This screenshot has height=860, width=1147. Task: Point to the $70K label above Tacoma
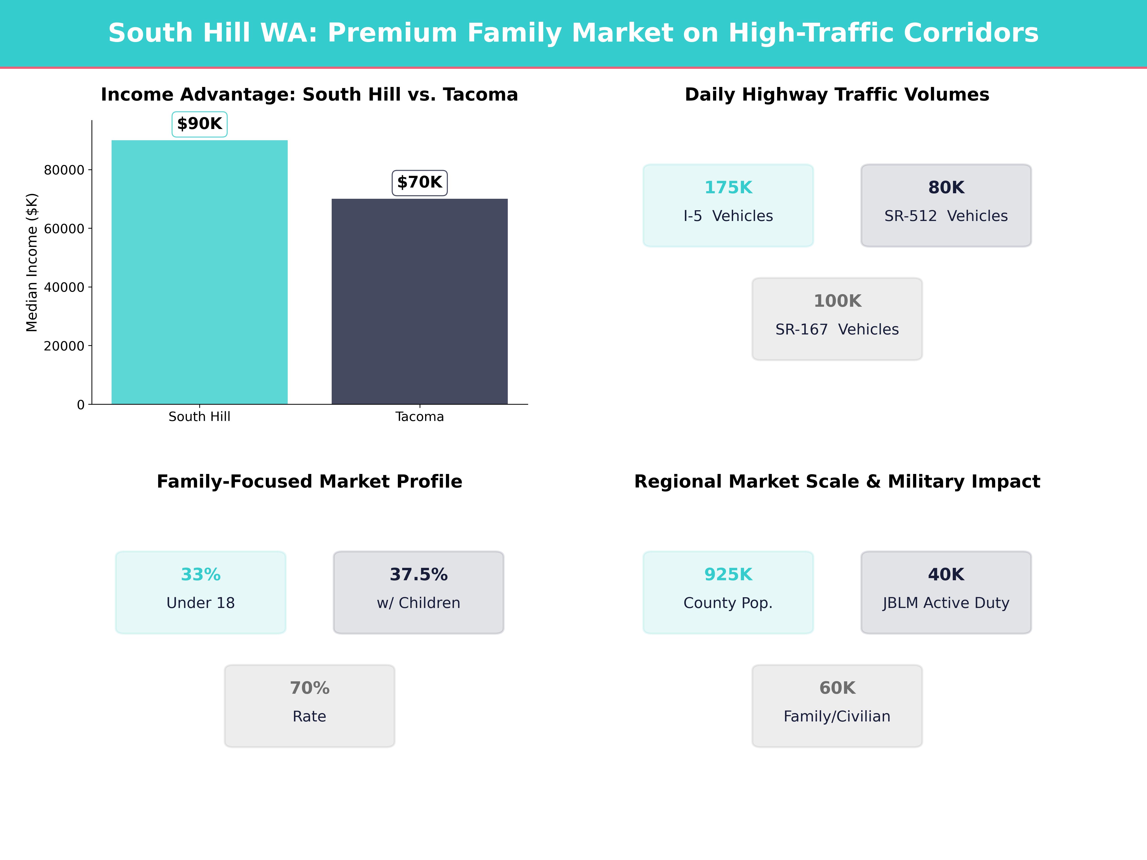420,183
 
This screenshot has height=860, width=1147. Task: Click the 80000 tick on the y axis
64,170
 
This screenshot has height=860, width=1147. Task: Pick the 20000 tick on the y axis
64,346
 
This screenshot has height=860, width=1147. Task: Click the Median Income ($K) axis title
32,262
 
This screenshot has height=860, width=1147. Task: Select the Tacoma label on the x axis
420,417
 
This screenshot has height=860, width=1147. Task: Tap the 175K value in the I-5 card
728,188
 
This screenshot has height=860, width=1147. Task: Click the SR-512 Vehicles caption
946,216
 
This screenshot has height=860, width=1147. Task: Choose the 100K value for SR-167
837,301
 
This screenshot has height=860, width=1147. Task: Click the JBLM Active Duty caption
946,603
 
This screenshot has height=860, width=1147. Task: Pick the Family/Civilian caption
837,716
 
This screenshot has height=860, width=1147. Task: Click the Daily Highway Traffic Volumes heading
837,95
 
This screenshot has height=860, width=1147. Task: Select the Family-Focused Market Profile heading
309,482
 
